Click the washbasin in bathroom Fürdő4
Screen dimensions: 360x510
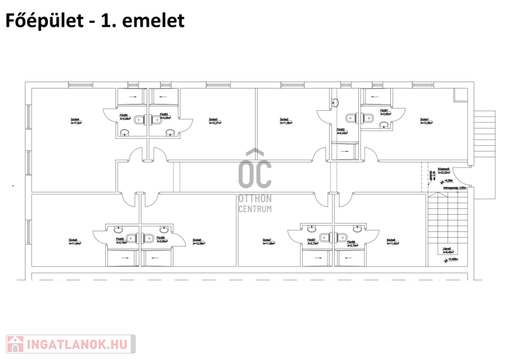125,132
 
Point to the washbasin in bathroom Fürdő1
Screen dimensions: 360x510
384,126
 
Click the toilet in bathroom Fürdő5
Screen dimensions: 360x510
131,238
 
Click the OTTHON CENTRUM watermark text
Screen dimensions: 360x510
254,203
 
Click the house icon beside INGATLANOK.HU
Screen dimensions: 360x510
15,345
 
